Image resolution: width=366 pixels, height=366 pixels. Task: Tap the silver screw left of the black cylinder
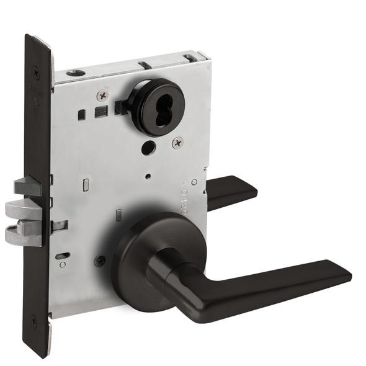pos(102,95)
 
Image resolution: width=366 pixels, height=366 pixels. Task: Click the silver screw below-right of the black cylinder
pos(177,142)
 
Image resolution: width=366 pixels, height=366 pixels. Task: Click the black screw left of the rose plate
pos(99,261)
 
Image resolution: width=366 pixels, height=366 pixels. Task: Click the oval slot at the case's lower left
pos(63,255)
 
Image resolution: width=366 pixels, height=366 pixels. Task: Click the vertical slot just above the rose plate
pos(118,215)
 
